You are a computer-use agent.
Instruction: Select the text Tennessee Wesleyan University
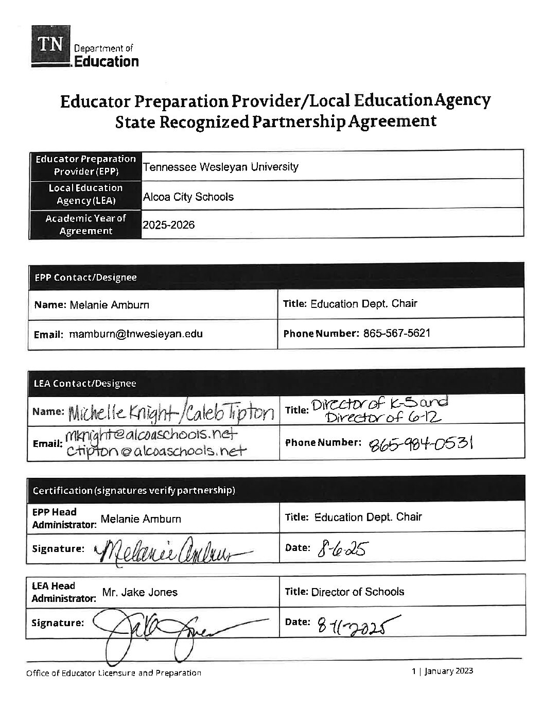point(220,167)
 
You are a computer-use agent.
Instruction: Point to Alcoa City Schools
point(188,197)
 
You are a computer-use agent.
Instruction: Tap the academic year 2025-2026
point(169,225)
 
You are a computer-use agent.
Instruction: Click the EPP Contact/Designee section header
point(85,278)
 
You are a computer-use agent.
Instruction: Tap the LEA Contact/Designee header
point(84,383)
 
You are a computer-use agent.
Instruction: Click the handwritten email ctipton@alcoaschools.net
point(156,451)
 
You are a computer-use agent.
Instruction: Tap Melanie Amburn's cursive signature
point(170,551)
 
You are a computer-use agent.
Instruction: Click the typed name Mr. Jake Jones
point(139,592)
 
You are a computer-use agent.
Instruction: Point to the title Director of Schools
point(358,592)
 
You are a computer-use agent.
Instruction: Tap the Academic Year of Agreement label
point(85,225)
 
